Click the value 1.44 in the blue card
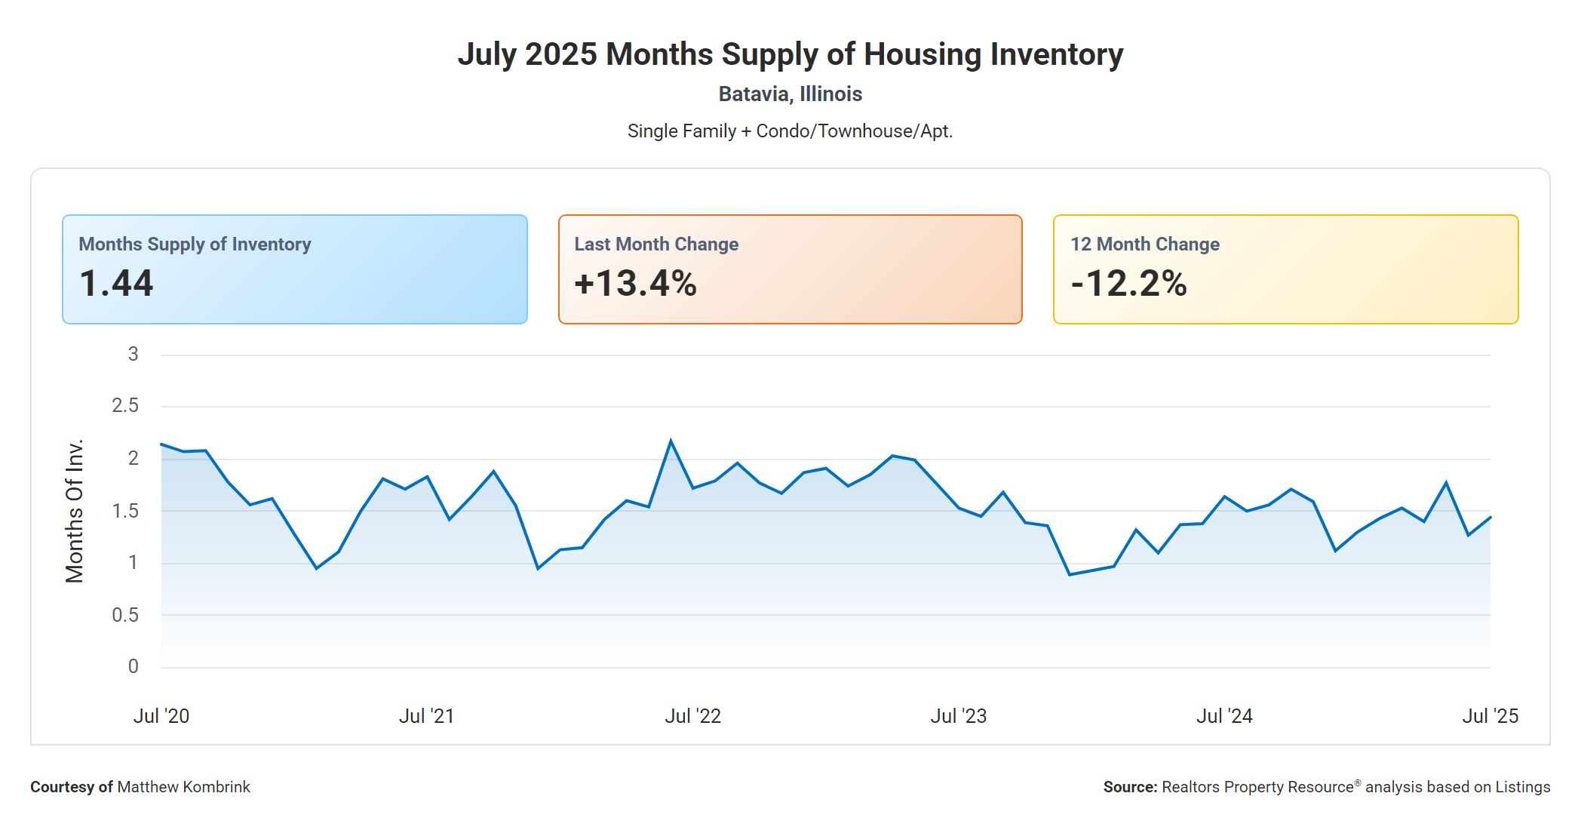(116, 284)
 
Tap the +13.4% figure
(635, 284)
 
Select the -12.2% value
(1128, 284)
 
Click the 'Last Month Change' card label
(656, 244)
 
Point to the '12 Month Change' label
(1144, 244)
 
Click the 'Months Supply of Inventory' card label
(195, 244)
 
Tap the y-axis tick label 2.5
(125, 406)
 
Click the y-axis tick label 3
(133, 354)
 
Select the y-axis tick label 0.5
(125, 615)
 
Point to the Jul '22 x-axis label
(692, 716)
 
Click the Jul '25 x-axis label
(1490, 716)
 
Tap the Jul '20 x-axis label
(161, 716)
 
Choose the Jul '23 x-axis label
(958, 716)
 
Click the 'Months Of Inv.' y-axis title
(75, 511)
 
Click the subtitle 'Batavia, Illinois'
(790, 94)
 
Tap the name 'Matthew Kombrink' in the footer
(183, 787)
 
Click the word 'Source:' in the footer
(1130, 787)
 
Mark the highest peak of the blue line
(671, 441)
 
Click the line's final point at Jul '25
(1490, 518)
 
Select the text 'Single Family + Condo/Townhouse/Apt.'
(790, 131)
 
